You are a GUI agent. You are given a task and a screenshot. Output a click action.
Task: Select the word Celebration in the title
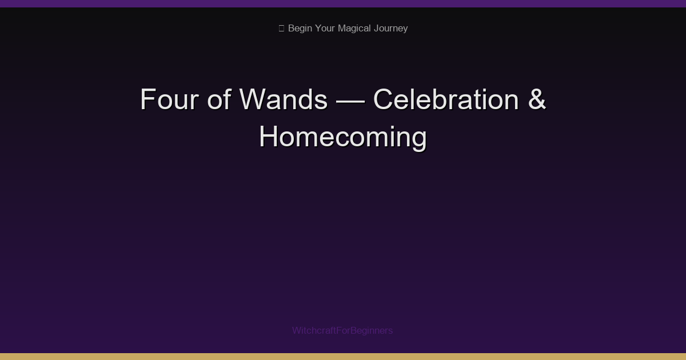click(x=446, y=99)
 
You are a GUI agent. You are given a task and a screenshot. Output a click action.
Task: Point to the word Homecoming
click(x=343, y=137)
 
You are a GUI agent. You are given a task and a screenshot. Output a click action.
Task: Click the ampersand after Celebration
click(x=537, y=99)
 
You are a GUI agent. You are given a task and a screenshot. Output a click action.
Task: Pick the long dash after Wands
click(x=350, y=101)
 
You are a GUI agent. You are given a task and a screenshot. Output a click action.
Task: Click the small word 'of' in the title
click(x=218, y=99)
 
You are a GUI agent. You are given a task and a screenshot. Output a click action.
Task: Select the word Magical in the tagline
click(x=354, y=29)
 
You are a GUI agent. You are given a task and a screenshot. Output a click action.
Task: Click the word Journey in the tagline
click(x=391, y=29)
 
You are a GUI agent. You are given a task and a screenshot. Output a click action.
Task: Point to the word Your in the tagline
click(x=325, y=29)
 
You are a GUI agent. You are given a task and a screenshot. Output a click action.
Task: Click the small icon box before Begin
click(x=281, y=29)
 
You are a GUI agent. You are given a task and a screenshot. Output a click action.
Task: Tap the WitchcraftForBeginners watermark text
click(x=342, y=330)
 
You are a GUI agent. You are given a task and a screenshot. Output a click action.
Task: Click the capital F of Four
click(x=147, y=99)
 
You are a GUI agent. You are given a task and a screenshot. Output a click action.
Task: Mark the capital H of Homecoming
click(x=270, y=137)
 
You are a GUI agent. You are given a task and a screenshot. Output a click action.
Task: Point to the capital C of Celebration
click(x=385, y=99)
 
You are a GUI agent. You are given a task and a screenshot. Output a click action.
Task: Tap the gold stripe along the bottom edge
click(x=343, y=357)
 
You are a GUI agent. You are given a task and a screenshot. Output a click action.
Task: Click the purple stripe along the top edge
click(x=343, y=3)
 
